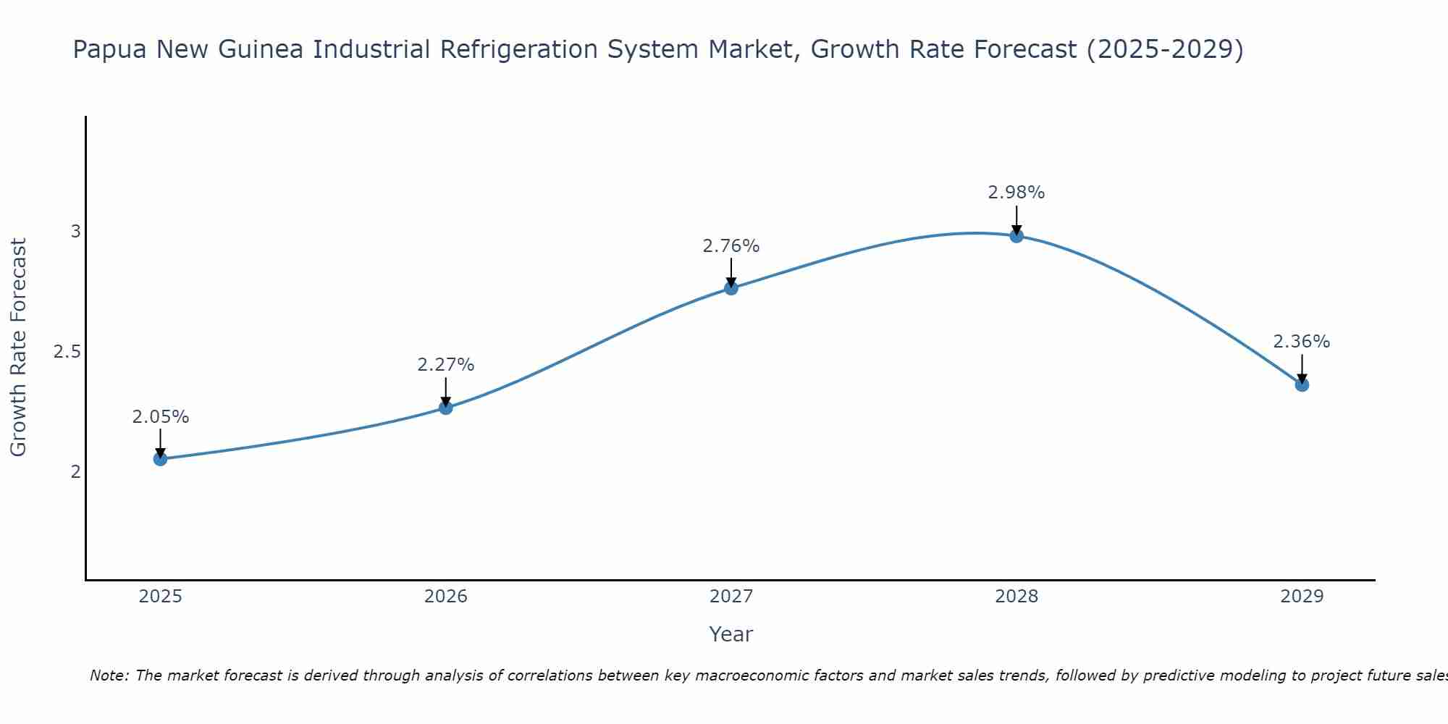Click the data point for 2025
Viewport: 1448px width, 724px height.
[x=160, y=458]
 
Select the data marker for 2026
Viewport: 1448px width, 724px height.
[x=446, y=408]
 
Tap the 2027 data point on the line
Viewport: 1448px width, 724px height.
[x=731, y=288]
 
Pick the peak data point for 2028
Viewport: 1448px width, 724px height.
[x=1016, y=235]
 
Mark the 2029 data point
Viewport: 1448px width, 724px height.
[x=1302, y=384]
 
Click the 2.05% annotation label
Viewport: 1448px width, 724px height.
[x=160, y=417]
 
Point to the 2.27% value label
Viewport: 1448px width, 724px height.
[x=446, y=365]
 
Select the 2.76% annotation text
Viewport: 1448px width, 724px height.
[x=731, y=246]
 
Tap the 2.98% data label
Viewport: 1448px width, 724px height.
[x=1016, y=193]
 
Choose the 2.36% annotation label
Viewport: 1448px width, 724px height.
[x=1302, y=342]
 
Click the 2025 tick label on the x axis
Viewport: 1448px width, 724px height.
[x=160, y=597]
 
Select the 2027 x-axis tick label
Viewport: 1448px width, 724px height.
[x=731, y=597]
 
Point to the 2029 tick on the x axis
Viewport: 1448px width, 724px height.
[x=1302, y=597]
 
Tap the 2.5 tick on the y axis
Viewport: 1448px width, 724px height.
[x=66, y=352]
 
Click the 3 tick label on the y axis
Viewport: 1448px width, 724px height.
[x=75, y=232]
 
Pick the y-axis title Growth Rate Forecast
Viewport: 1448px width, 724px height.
[x=18, y=348]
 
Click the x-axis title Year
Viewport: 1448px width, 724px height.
[x=731, y=634]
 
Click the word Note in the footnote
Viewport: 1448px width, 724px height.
[x=109, y=675]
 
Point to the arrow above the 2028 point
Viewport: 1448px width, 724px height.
[x=1016, y=219]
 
